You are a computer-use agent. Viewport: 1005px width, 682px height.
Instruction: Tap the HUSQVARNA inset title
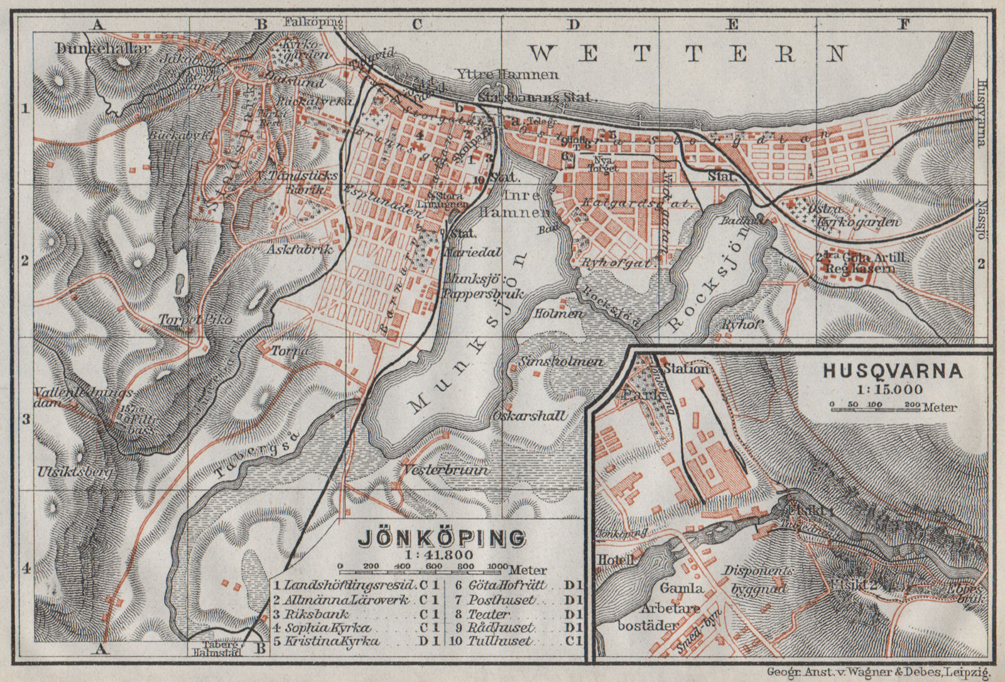tap(893, 371)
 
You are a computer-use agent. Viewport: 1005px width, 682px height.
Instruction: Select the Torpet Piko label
tap(187, 319)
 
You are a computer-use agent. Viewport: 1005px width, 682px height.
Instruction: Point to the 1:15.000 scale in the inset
tap(893, 389)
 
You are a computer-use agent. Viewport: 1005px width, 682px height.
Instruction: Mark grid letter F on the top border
tap(904, 25)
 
